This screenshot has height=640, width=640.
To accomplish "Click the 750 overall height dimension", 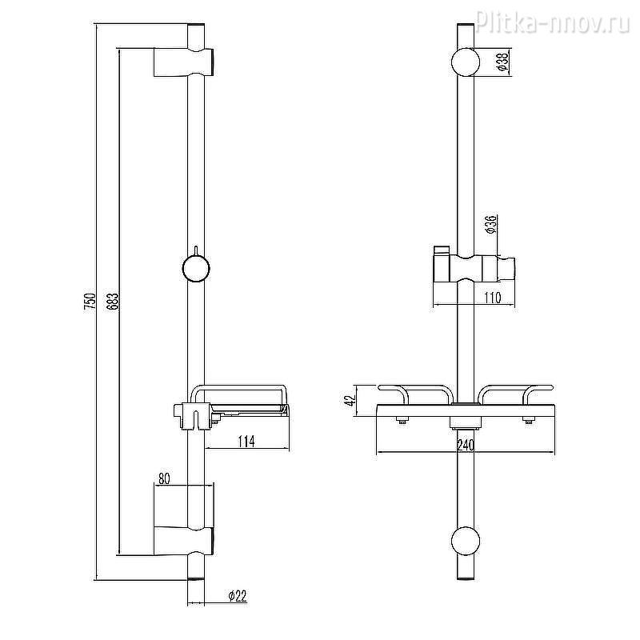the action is (x=90, y=301).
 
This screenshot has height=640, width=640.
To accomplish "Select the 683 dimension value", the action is (x=114, y=301).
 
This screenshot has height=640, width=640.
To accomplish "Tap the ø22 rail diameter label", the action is (x=238, y=596).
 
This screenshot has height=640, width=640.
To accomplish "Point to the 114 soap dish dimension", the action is (x=246, y=442).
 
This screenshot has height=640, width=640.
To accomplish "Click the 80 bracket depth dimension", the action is (x=164, y=478).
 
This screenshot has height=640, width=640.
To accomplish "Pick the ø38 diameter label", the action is (x=504, y=62).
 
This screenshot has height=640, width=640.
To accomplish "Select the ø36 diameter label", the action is (x=490, y=224).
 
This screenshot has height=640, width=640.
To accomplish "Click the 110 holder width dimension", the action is (x=493, y=298).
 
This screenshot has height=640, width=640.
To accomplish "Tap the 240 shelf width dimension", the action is (x=466, y=446).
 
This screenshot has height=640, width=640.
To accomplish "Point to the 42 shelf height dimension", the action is (x=350, y=399).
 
